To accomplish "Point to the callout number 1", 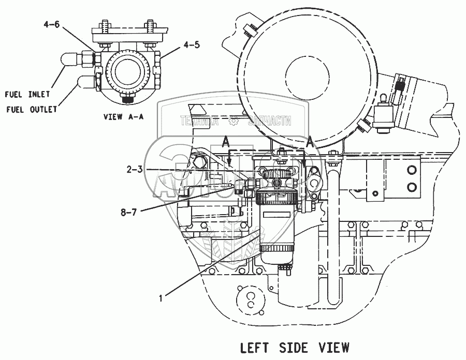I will tap(162, 297).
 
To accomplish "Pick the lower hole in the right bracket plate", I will tap(412, 186).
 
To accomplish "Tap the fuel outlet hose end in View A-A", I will tap(82, 82).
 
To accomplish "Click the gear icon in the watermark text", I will tap(234, 122).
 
